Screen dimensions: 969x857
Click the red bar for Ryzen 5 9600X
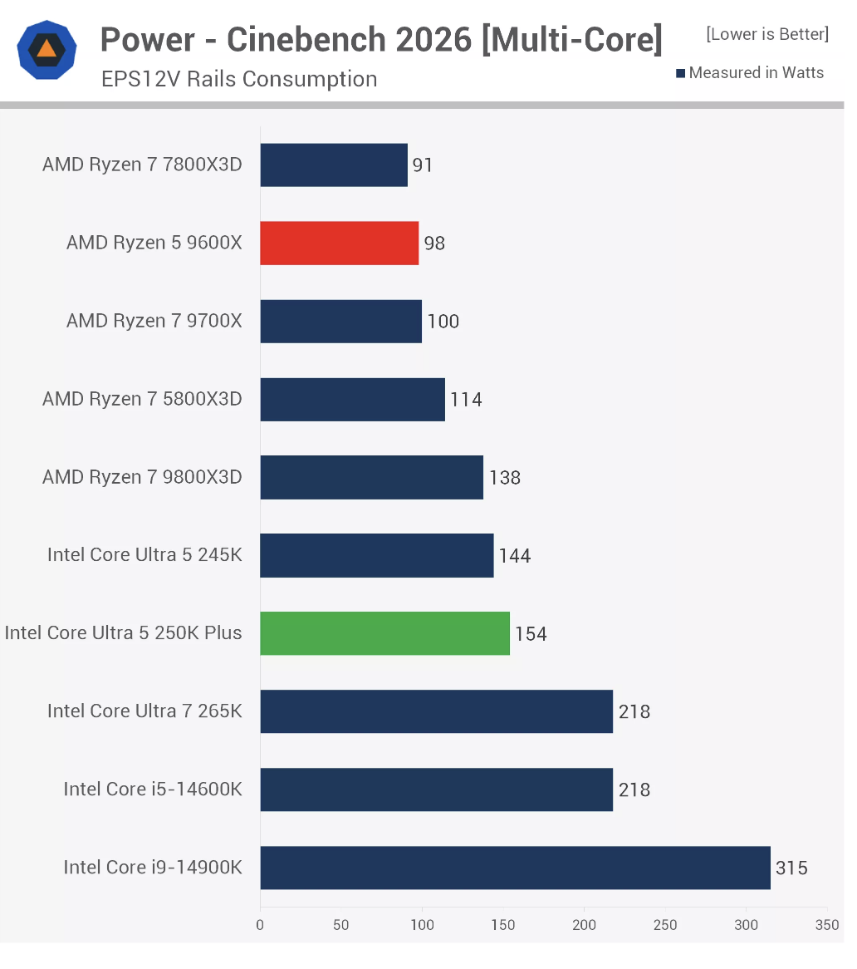pyautogui.click(x=339, y=243)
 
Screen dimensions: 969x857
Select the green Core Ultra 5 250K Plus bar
pyautogui.click(x=384, y=633)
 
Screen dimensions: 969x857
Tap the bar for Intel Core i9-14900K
pyautogui.click(x=515, y=868)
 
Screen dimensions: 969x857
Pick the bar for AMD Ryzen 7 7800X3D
pyautogui.click(x=334, y=165)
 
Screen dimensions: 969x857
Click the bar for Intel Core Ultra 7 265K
pyautogui.click(x=436, y=711)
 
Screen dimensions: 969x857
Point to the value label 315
pyautogui.click(x=791, y=868)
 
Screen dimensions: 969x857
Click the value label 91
pyautogui.click(x=423, y=165)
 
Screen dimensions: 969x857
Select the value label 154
pyautogui.click(x=531, y=634)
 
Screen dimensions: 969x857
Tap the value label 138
pyautogui.click(x=505, y=478)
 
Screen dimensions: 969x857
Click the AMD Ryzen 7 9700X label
pyautogui.click(x=154, y=321)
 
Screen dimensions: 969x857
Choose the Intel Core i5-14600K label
pyautogui.click(x=153, y=789)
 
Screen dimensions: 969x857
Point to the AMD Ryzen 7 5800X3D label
pyautogui.click(x=142, y=399)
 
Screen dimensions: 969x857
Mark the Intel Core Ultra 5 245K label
pyautogui.click(x=144, y=555)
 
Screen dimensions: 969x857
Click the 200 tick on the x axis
pyautogui.click(x=584, y=925)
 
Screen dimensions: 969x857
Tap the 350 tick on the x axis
pyautogui.click(x=827, y=925)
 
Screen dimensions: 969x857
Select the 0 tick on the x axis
pyautogui.click(x=260, y=925)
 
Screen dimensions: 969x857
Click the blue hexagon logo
pyautogui.click(x=47, y=50)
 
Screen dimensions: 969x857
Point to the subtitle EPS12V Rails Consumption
pyautogui.click(x=239, y=79)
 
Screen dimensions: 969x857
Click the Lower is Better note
pyautogui.click(x=767, y=34)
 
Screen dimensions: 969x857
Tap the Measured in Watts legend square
pyautogui.click(x=681, y=73)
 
